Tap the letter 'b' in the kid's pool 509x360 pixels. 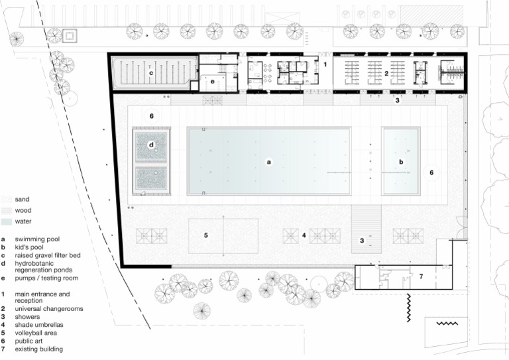coord(400,161)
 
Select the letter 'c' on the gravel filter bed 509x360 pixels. coord(151,73)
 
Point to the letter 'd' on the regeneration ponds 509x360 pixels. coord(152,145)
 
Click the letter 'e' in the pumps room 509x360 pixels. coord(213,82)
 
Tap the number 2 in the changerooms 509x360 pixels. coord(386,73)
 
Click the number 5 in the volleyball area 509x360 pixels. coord(206,235)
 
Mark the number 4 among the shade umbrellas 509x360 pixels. coord(304,235)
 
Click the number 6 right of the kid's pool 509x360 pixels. coord(431,172)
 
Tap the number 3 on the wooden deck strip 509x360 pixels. coord(362,241)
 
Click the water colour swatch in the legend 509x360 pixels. coord(6,221)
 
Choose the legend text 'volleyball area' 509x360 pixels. coord(36,333)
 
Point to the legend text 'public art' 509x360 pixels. coord(29,341)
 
